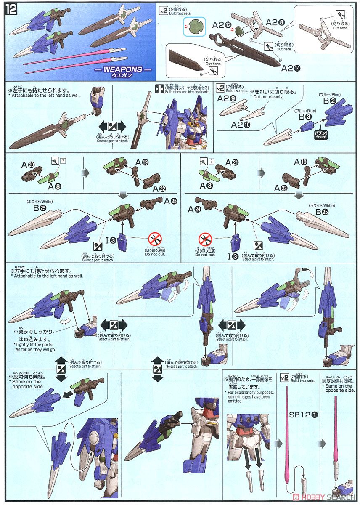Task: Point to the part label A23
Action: click(281, 189)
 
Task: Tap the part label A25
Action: click(171, 201)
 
